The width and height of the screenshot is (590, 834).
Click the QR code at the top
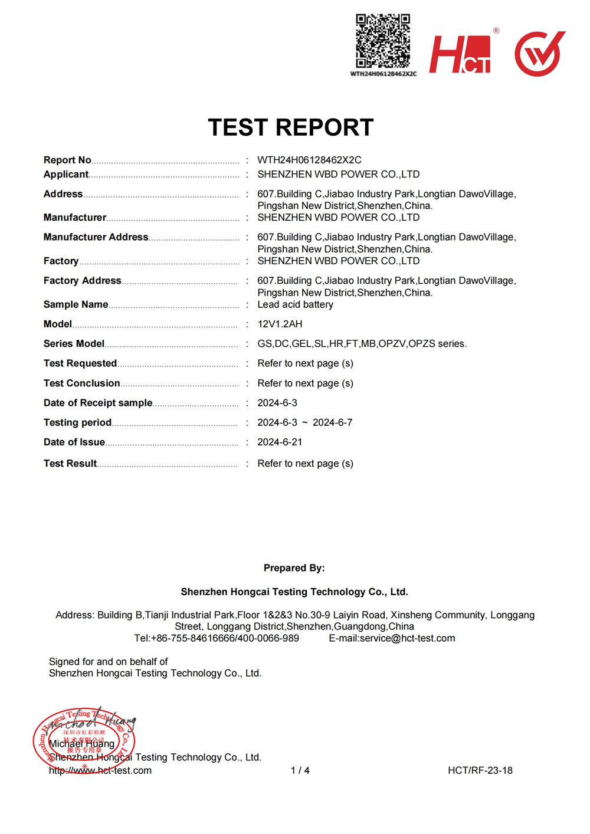pos(383,41)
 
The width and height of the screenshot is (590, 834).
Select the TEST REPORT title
pos(291,127)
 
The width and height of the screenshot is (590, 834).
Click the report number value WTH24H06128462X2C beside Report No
pos(309,160)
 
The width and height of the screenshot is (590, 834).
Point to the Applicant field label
pos(66,174)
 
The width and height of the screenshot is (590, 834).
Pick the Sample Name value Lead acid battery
pos(295,304)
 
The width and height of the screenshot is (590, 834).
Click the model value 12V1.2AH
pos(280,324)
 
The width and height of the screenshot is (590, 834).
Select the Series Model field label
pos(74,343)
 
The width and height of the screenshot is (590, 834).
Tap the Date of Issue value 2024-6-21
pos(280,442)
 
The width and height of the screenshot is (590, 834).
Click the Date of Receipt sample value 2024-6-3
pos(277,403)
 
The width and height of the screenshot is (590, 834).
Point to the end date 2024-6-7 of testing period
pos(332,422)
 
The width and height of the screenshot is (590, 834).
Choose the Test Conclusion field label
pos(82,383)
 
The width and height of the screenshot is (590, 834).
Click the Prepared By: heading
pos(294,568)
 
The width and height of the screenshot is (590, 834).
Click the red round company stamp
pos(84,740)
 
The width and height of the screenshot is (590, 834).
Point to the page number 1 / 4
pos(300,770)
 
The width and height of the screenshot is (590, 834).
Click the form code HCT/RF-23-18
pos(480,770)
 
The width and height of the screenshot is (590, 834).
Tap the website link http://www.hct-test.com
pos(100,770)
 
